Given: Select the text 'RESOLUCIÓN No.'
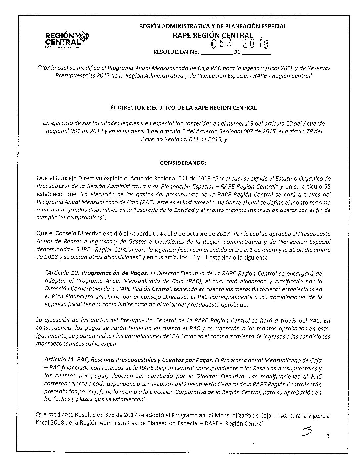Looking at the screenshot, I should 175,52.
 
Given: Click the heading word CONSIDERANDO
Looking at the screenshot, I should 183,163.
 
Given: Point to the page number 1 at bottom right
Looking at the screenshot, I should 328,436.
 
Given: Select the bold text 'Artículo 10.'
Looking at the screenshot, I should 63,273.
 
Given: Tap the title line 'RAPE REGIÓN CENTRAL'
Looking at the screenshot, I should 213,35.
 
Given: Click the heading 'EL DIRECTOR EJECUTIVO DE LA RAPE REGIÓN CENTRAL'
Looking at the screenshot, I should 183,108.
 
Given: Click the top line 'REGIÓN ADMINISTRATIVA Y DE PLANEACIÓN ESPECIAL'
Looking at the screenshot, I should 212,26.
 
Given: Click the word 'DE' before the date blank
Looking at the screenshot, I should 237,52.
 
